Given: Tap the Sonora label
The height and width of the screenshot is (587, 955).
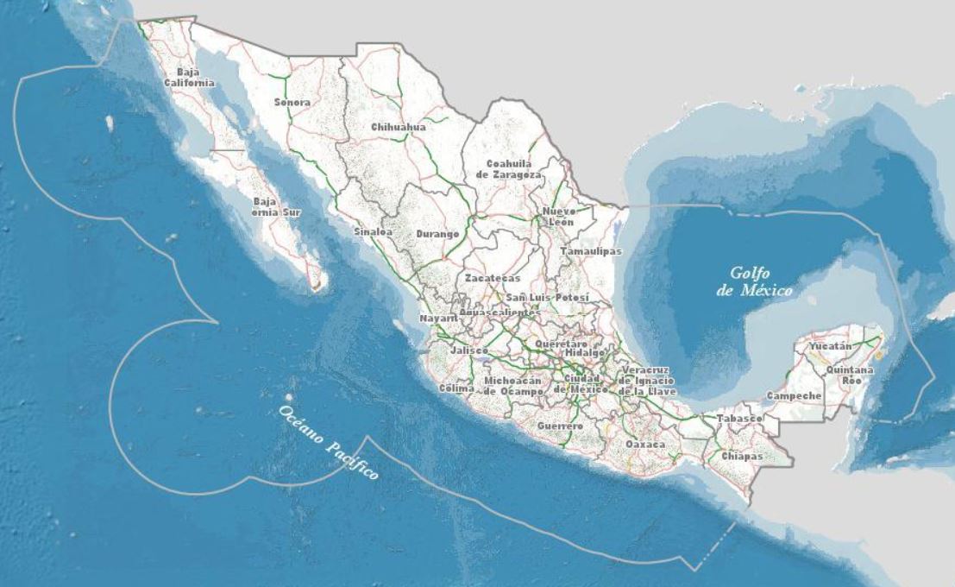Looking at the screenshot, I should click(x=292, y=103).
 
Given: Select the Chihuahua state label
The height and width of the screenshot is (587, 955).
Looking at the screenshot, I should click(x=399, y=127).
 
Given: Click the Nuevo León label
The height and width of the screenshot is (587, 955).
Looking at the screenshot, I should click(x=558, y=217).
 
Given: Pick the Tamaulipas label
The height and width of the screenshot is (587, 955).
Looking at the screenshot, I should click(x=591, y=251).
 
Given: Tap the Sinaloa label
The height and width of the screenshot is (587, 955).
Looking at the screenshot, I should click(x=374, y=232).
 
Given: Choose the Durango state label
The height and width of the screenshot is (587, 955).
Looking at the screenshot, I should click(x=437, y=234).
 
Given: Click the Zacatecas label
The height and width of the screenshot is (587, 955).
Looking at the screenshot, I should click(x=493, y=279).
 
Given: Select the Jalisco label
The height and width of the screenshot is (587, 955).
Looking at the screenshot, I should click(x=468, y=351).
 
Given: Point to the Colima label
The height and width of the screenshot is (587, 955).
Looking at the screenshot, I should click(x=456, y=388).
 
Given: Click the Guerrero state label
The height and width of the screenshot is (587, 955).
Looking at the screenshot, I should click(x=560, y=426).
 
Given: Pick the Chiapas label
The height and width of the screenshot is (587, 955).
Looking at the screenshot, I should click(x=743, y=455).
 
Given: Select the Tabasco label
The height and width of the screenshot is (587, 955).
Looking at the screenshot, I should click(x=739, y=419).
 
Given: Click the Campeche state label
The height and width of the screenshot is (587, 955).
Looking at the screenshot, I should click(x=794, y=396).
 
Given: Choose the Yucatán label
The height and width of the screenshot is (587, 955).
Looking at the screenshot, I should click(x=830, y=346).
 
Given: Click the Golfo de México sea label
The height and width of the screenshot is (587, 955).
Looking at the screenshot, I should click(x=753, y=281).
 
